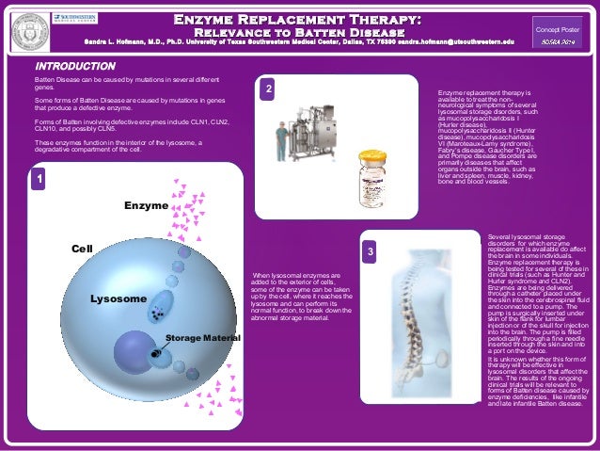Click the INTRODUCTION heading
[x=74, y=67]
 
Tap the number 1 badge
[x=39, y=177]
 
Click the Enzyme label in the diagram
[x=146, y=205]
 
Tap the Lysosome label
[x=118, y=298]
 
